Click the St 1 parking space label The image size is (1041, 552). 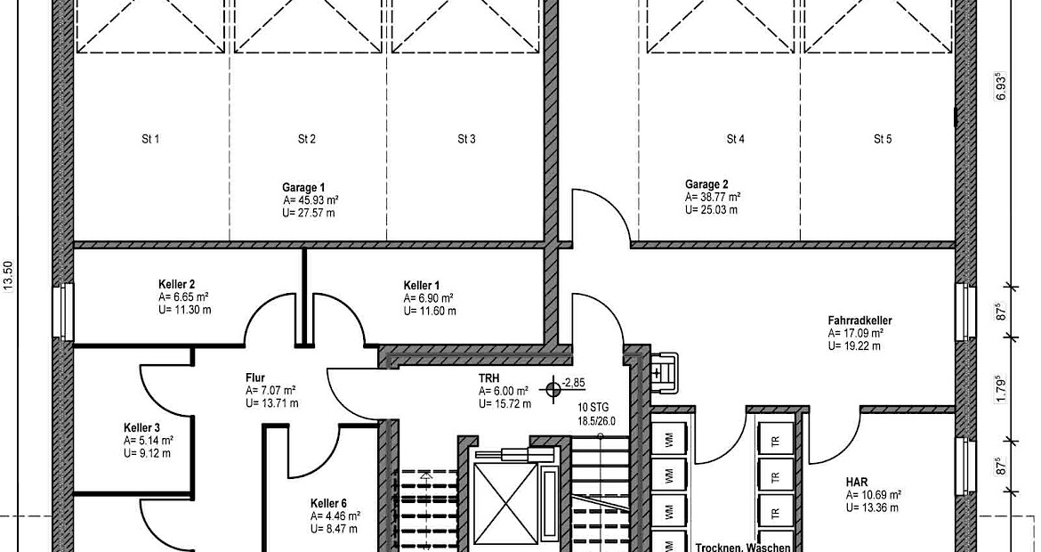(x=150, y=140)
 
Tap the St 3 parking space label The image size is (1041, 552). (x=467, y=140)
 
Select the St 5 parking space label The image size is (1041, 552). (x=883, y=140)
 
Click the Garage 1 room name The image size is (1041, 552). (x=303, y=188)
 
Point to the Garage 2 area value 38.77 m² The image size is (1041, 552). (x=713, y=198)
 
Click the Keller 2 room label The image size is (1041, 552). (x=176, y=285)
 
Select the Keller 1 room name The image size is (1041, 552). (x=422, y=287)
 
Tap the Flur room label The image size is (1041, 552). (x=255, y=378)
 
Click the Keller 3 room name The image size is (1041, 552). (x=141, y=428)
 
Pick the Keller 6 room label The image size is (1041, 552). (x=328, y=504)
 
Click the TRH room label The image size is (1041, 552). (x=488, y=378)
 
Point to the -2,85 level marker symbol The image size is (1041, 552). (x=553, y=389)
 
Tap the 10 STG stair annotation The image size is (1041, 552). (x=593, y=408)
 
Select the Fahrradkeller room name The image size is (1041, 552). (x=859, y=321)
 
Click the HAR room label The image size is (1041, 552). (x=857, y=483)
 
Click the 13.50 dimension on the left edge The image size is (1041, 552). (x=9, y=275)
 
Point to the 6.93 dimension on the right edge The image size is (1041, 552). (x=1002, y=86)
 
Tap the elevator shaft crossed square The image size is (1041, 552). (x=506, y=504)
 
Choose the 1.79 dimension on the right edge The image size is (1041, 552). (x=1002, y=391)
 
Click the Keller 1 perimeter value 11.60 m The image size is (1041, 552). (x=429, y=311)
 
